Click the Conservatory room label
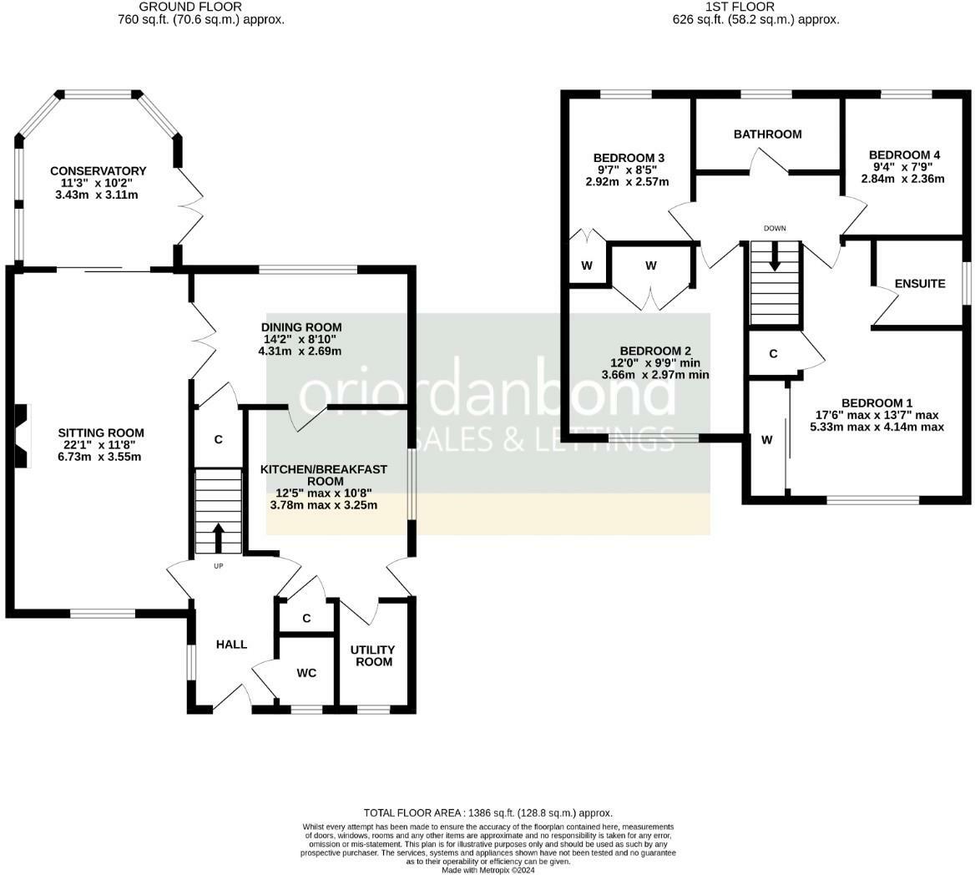pos(99,171)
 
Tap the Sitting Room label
pos(101,432)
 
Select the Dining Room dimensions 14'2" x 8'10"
pos(301,339)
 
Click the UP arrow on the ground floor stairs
pos(218,538)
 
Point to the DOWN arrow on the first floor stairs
pos(775,255)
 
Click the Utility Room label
pos(373,656)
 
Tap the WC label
pos(306,673)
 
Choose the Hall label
pos(231,645)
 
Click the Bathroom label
pos(767,134)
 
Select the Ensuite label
pos(920,284)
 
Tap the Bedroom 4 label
pos(904,154)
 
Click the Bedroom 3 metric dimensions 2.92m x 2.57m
pos(628,181)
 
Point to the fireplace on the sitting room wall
pos(22,436)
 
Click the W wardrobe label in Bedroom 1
pos(766,440)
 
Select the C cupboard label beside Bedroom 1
pos(773,354)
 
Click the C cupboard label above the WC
pos(306,618)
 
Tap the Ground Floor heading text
pos(190,7)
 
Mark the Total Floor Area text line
pos(488,813)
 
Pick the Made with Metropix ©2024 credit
pos(488,870)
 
